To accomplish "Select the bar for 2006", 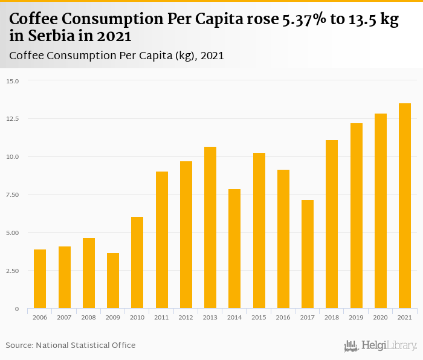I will pos(40,279).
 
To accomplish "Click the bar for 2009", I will pos(113,281).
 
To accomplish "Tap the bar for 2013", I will pos(210,228).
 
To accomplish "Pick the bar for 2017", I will pos(308,254).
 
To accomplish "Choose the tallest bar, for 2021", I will pos(405,206).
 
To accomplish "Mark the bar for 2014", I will pos(234,249).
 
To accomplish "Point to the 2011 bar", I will pos(162,240).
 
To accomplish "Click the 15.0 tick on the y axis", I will pos(13,81).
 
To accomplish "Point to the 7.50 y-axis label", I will pos(13,195).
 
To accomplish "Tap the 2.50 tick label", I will pos(13,271).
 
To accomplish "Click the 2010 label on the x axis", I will pos(137,317).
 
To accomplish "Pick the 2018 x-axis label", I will pos(332,317).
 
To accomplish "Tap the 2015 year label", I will pos(259,317).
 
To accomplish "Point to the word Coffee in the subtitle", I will pos(27,56).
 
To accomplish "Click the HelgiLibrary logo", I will pos(381,346).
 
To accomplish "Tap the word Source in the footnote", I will pos(19,345).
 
